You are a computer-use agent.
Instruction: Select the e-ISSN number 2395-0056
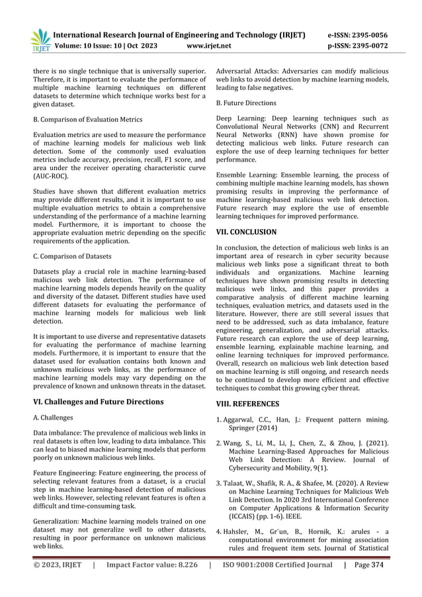point(367,35)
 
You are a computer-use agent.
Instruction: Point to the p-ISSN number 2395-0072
point(367,48)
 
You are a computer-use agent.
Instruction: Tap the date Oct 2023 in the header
point(146,48)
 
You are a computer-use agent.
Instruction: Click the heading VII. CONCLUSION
point(246,232)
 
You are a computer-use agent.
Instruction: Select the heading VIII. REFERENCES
point(248,403)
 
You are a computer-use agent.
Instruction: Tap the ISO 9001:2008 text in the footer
point(252,584)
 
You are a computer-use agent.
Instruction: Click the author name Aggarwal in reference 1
point(243,420)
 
